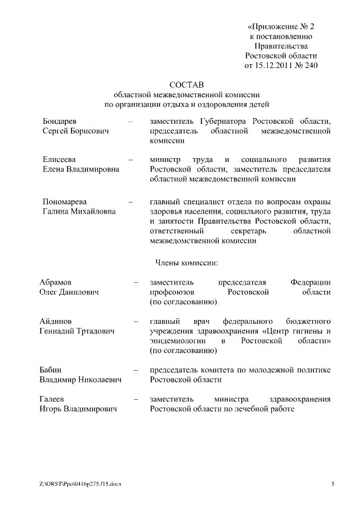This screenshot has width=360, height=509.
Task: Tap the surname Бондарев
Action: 60,121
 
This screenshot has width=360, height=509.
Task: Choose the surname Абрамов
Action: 56,282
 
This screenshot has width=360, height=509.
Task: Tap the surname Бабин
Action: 51,370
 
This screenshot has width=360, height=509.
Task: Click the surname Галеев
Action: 52,399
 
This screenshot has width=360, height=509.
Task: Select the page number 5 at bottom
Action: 333,484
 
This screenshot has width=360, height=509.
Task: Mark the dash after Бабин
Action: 136,370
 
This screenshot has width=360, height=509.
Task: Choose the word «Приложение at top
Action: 271,25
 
